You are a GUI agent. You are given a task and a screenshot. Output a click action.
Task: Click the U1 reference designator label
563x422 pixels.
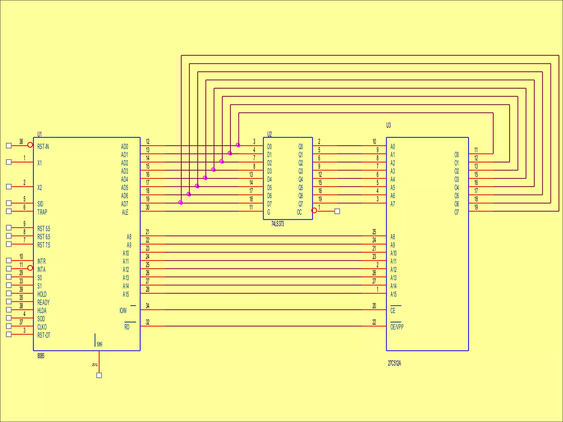(x=40, y=134)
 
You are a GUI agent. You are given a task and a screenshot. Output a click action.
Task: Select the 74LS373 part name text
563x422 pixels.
(x=277, y=224)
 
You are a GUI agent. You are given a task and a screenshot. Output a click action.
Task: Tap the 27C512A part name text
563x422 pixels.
(x=394, y=363)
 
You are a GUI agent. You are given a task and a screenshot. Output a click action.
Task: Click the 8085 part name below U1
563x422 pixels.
(x=41, y=356)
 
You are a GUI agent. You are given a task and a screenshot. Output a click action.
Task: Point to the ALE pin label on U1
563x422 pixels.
(x=125, y=212)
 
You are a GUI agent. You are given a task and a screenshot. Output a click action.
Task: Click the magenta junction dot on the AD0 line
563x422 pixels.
(x=238, y=145)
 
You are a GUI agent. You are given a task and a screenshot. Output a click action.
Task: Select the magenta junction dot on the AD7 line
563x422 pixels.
(x=181, y=202)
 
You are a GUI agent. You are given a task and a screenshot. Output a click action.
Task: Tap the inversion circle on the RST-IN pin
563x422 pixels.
(x=30, y=145)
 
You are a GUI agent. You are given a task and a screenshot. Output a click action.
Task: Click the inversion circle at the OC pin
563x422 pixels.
(x=314, y=210)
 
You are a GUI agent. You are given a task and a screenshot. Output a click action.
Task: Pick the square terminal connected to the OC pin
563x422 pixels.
(x=337, y=211)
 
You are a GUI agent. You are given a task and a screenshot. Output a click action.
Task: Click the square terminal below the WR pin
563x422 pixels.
(x=99, y=375)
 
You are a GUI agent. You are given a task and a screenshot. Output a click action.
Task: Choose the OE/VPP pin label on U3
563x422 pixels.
(x=397, y=327)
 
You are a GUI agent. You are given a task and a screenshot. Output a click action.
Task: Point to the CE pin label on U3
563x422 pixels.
(x=393, y=310)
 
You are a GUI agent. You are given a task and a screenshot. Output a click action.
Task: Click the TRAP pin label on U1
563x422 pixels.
(x=42, y=212)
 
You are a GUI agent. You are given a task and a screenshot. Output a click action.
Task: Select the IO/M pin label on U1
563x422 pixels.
(x=123, y=310)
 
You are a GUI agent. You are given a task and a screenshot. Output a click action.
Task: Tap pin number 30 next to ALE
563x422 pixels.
(x=148, y=207)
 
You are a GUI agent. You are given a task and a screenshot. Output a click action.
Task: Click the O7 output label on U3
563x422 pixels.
(x=457, y=212)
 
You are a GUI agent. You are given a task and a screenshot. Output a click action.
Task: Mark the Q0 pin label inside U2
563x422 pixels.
(x=301, y=146)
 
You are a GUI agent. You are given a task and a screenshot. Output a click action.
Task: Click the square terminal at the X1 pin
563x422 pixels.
(x=9, y=162)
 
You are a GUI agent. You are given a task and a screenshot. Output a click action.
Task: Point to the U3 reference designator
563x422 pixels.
(x=388, y=125)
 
